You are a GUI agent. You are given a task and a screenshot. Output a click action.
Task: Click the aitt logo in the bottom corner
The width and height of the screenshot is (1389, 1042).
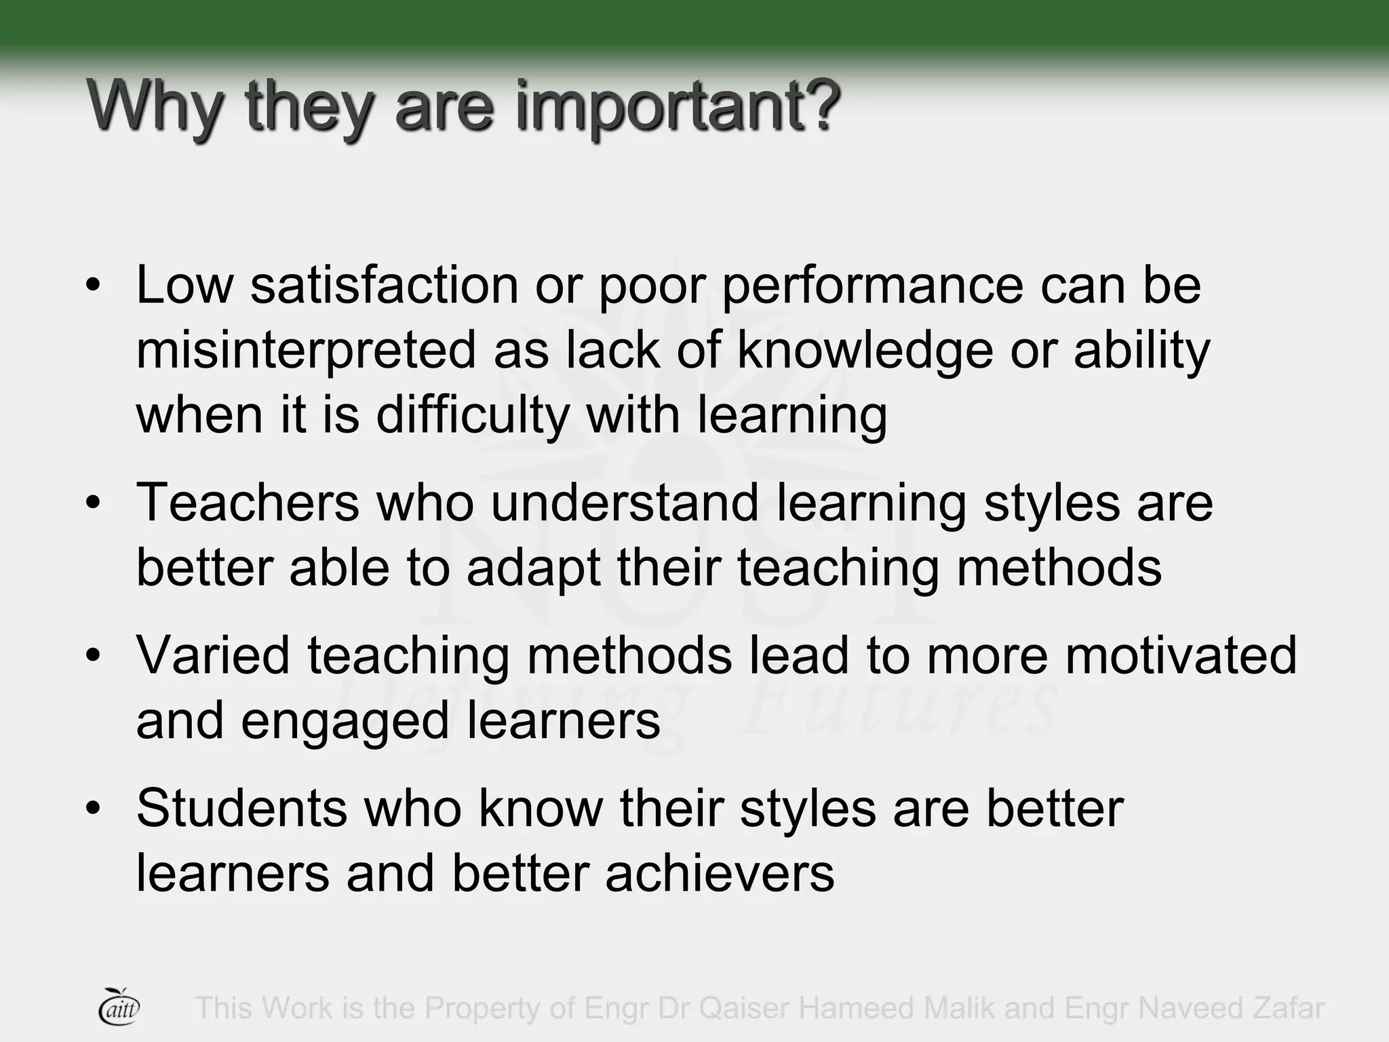tap(119, 1007)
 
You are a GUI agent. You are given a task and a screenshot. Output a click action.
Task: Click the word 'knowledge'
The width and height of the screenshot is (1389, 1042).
tap(865, 350)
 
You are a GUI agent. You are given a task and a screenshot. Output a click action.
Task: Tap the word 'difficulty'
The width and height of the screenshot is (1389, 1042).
tap(473, 415)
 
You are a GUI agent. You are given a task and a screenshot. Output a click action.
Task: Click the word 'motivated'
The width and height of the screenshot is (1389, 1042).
tap(1180, 655)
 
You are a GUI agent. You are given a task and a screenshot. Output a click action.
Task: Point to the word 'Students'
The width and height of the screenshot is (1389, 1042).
tap(242, 808)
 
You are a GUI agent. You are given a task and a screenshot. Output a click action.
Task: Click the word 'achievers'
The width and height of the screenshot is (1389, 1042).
tap(720, 873)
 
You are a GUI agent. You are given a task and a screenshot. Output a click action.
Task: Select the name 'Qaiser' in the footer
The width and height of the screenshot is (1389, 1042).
tap(744, 1008)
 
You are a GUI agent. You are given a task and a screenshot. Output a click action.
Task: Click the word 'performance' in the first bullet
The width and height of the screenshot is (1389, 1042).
tap(872, 286)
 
